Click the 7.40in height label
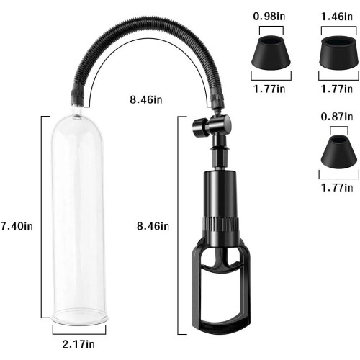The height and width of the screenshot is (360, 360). (17, 226)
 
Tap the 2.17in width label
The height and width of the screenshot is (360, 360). (78, 344)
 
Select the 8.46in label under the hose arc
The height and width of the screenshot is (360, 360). (146, 99)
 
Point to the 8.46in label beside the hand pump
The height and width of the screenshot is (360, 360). (153, 226)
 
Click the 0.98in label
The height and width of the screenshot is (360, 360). (269, 17)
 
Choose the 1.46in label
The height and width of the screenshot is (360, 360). (337, 17)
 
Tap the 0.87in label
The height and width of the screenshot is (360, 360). (337, 117)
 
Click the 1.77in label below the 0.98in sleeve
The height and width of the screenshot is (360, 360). (269, 89)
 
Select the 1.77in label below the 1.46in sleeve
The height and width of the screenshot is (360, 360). (337, 89)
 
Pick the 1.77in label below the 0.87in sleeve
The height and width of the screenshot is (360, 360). (337, 187)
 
